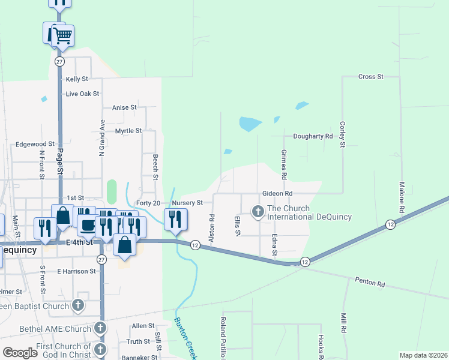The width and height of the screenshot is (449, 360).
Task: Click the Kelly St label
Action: coord(77,79)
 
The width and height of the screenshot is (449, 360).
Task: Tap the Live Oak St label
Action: coord(82,94)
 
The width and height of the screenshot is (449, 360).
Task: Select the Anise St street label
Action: coord(125,108)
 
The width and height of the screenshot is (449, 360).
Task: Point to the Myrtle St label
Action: coord(128,130)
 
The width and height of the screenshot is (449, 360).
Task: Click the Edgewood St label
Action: coord(35,144)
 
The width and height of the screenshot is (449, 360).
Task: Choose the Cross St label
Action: coord(370,77)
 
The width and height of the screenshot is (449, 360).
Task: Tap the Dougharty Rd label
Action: coord(313,136)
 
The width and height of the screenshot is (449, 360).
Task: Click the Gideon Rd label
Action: coord(277,194)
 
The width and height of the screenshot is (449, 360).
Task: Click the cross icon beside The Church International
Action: coord(258,211)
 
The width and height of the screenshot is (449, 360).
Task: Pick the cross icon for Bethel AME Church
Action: coord(100,328)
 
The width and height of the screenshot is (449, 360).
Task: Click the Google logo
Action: coord(19,352)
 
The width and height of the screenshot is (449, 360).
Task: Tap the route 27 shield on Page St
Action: coord(59,62)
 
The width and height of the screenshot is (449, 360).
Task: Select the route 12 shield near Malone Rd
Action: coord(390,224)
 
